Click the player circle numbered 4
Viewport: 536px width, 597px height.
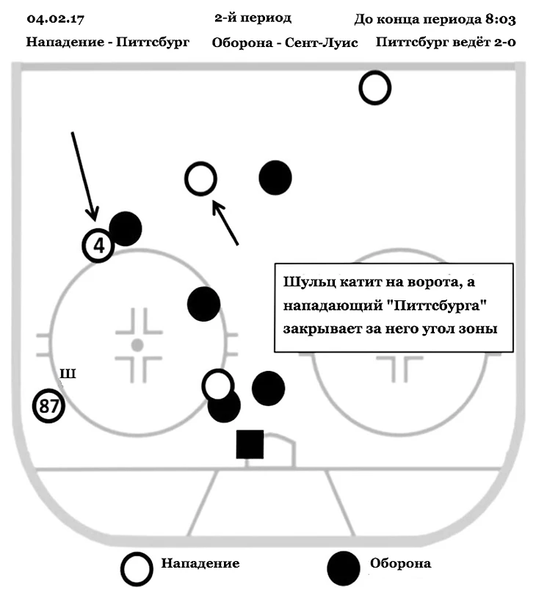98,245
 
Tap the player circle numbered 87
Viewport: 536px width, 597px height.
49,406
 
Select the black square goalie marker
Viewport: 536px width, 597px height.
250,444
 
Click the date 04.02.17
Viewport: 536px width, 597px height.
53,18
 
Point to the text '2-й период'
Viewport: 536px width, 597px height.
253,18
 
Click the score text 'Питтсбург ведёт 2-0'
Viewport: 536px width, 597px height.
445,43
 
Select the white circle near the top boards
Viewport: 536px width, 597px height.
374,88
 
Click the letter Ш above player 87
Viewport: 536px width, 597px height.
68,375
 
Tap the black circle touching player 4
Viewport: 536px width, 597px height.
126,228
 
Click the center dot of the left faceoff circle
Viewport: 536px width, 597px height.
137,344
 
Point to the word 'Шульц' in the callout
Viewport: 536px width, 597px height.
305,283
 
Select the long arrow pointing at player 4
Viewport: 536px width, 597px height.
83,176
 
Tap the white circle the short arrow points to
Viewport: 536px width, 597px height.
200,178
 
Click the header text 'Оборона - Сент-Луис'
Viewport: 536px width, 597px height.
284,43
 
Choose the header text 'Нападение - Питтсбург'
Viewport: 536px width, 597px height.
107,43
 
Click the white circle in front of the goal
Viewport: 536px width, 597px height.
217,384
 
